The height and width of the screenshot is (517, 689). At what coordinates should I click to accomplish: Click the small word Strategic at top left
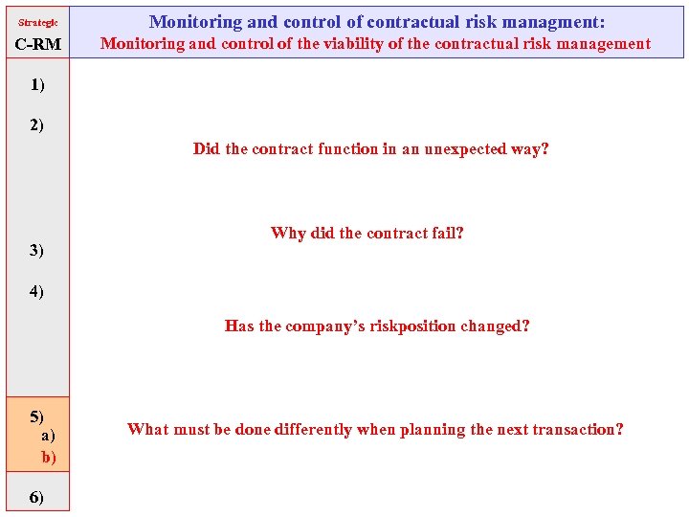[38, 22]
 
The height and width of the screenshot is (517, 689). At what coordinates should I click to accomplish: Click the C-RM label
[38, 44]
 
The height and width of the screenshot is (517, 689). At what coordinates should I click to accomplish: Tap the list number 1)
[37, 84]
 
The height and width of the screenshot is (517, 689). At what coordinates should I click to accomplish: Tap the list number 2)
[37, 124]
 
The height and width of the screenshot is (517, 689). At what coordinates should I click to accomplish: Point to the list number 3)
[37, 250]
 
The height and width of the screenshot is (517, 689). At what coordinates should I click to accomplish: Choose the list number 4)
[37, 290]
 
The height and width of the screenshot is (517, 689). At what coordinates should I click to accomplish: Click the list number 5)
[37, 416]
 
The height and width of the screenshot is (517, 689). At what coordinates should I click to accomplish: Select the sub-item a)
[48, 436]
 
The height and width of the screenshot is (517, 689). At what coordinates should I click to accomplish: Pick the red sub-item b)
[49, 457]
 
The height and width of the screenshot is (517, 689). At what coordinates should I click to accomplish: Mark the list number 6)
[37, 497]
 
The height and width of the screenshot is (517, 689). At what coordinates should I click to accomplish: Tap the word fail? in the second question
[445, 233]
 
